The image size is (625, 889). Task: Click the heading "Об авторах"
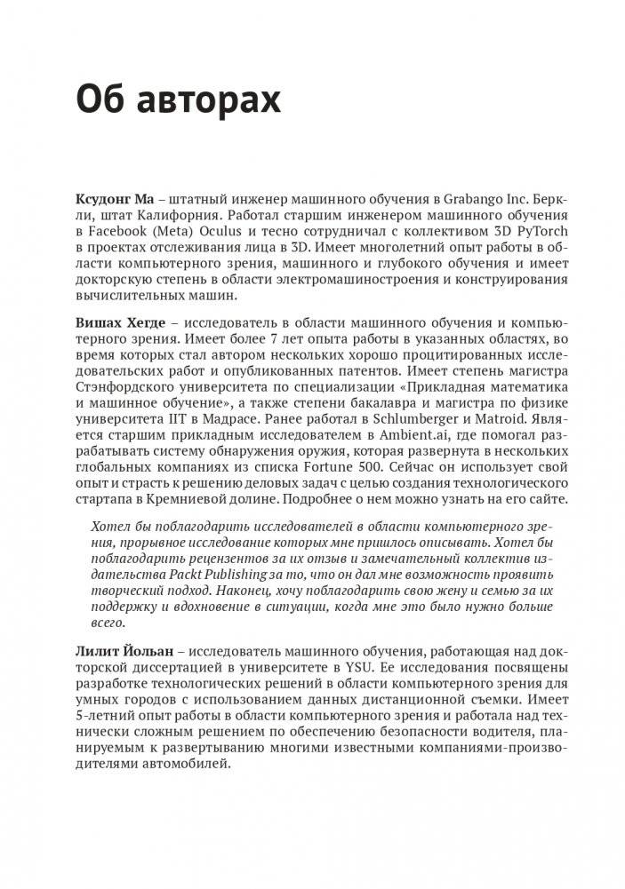click(x=179, y=101)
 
